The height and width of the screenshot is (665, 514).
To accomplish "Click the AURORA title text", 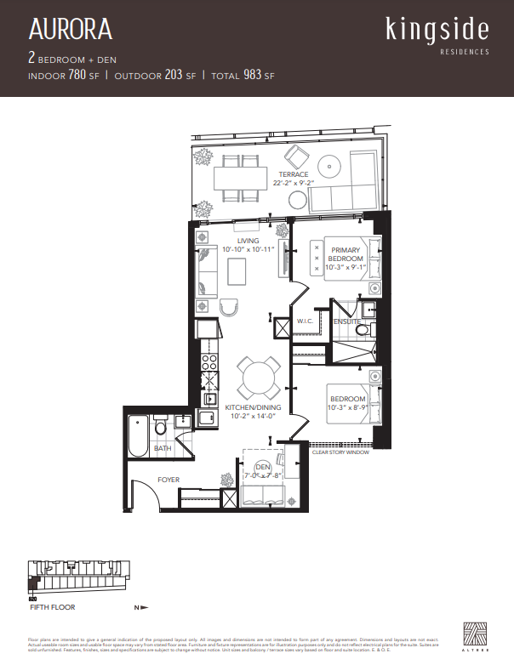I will (70, 31).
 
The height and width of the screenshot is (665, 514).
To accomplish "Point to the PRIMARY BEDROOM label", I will (346, 254).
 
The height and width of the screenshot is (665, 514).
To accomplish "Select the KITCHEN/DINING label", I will (252, 408).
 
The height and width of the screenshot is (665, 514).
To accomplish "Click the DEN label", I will (263, 466).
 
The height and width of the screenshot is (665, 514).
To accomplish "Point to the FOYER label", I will (168, 480).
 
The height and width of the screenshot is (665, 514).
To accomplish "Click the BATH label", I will (163, 447).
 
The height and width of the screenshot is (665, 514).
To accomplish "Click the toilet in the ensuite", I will (362, 330).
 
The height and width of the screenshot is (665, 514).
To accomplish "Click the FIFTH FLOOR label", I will (53, 607).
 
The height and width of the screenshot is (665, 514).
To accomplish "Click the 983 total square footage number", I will (252, 76).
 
